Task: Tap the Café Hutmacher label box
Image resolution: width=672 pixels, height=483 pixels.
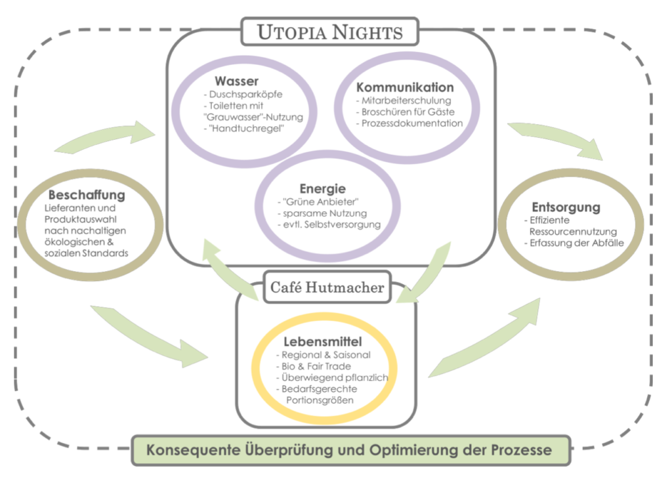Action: (x=327, y=287)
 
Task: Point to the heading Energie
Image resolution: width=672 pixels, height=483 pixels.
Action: (x=322, y=189)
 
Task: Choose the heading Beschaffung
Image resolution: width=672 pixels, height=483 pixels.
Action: (x=87, y=196)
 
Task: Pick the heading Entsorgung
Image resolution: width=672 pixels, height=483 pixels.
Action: (x=566, y=207)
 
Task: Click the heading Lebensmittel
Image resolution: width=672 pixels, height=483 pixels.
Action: (x=323, y=342)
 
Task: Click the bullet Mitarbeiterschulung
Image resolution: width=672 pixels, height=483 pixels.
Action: (x=406, y=101)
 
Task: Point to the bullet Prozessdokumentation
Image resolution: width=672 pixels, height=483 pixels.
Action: (x=409, y=123)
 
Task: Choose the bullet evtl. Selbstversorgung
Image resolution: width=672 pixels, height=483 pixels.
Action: (x=324, y=224)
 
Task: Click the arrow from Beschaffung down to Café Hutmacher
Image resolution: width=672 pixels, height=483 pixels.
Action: (x=151, y=335)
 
